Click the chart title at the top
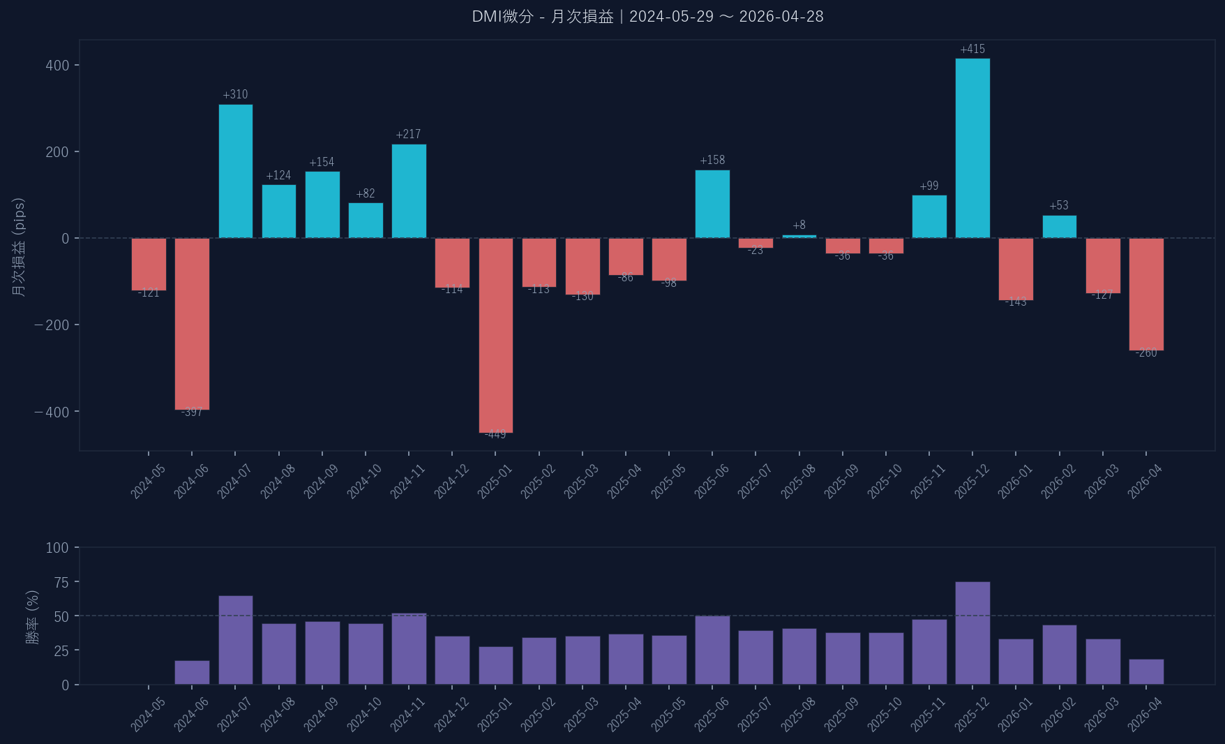[647, 17]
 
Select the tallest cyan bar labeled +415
[972, 148]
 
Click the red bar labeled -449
[496, 335]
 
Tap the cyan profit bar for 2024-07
[236, 171]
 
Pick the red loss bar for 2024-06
[192, 324]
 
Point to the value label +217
[408, 134]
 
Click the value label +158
[712, 160]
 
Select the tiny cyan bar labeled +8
[799, 237]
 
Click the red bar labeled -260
[1146, 294]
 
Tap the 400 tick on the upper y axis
[57, 66]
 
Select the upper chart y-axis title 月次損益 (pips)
[19, 247]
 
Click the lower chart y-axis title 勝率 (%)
[32, 617]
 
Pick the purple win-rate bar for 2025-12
[972, 633]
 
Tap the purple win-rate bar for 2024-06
[192, 673]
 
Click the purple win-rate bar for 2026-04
[1146, 672]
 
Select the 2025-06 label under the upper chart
[712, 482]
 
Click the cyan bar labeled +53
[1059, 227]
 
